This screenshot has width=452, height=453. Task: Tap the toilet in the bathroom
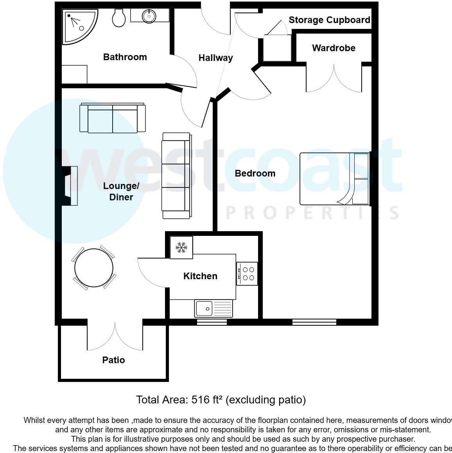[118, 18]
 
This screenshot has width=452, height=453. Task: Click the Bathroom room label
[125, 57]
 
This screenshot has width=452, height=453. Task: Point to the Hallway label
[215, 58]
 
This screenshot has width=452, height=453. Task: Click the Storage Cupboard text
[329, 20]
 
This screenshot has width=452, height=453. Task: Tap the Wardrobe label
[334, 48]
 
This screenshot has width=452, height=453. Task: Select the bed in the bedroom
[334, 179]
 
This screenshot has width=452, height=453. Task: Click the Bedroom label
[255, 173]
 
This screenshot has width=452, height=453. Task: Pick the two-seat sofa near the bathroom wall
[113, 118]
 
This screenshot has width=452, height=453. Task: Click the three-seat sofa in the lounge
[176, 176]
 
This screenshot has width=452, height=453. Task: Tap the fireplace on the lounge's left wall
[70, 185]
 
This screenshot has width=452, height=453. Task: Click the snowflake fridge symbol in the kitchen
[181, 247]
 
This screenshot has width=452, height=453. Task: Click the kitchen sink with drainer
[213, 309]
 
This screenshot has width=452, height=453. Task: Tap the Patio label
[113, 360]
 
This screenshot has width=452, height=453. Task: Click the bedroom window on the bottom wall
[314, 322]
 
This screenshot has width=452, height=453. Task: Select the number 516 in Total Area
[200, 400]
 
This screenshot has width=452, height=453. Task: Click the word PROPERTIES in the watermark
[313, 213]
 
